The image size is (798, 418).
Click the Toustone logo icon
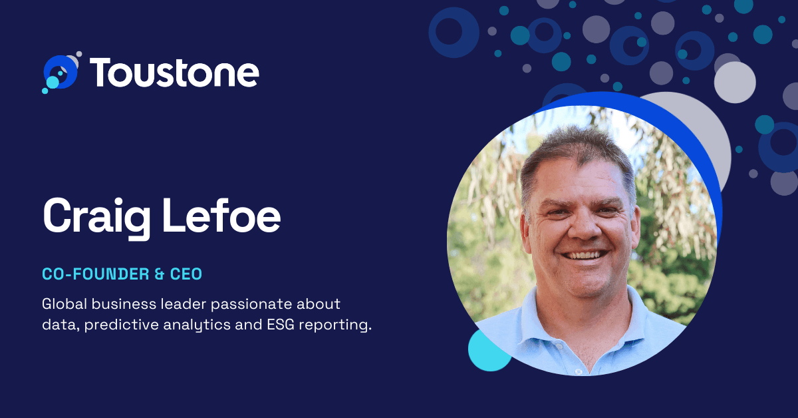pos(61,73)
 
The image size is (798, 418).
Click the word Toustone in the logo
pos(174,73)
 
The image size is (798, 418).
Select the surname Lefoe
pos(221,215)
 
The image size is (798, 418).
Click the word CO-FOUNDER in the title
pos(96,274)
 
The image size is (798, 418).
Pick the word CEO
pos(186,274)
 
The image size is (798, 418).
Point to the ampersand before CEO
pos(160,274)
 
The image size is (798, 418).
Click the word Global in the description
pos(65,304)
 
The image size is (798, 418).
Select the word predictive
pos(122,325)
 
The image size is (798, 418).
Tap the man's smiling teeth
pos(584,256)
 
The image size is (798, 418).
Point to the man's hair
pos(577,153)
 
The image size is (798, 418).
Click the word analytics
pos(197,325)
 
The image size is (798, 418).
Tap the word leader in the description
pos(184,304)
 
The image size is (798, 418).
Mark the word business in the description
pos(124,304)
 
